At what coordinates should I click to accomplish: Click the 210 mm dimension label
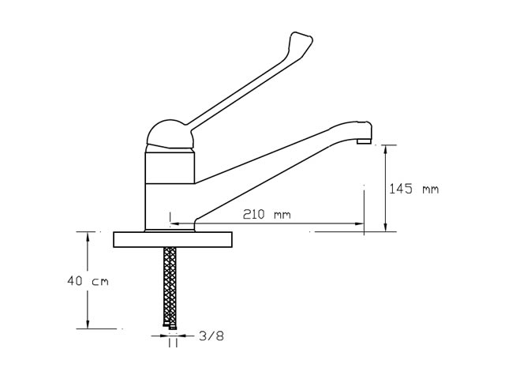pos(267,214)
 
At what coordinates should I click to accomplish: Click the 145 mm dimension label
pos(413,189)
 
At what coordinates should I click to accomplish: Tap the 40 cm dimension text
pos(88,281)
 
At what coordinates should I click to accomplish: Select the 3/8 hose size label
pos(211,336)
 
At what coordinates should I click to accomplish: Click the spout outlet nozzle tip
pos(365,141)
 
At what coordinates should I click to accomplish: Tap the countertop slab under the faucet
pos(173,239)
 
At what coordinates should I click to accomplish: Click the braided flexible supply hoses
pos(170,286)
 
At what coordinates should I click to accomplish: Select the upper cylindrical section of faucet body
pos(170,167)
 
